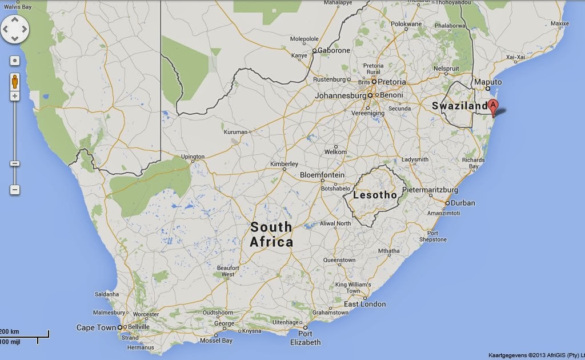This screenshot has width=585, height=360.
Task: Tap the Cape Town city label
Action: tap(96, 327)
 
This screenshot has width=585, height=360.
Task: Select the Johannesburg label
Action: tap(340, 95)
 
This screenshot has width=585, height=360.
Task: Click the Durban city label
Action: tap(463, 203)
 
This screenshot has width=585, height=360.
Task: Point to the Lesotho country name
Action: tap(375, 195)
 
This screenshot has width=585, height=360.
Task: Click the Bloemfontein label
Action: tap(322, 175)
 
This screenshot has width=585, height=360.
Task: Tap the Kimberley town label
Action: tap(284, 164)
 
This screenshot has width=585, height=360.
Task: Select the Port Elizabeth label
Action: tap(305, 338)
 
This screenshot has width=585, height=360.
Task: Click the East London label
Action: tap(364, 304)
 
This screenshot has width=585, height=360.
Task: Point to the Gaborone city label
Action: tap(334, 50)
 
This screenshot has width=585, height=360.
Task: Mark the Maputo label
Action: tap(488, 82)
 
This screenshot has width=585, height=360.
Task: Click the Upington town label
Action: tap(192, 157)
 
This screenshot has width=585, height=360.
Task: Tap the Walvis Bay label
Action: tap(16, 7)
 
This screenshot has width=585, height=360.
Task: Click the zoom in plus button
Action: tap(15, 96)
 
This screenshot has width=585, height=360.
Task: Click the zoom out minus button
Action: tap(15, 189)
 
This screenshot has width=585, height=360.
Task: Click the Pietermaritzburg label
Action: tap(430, 189)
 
